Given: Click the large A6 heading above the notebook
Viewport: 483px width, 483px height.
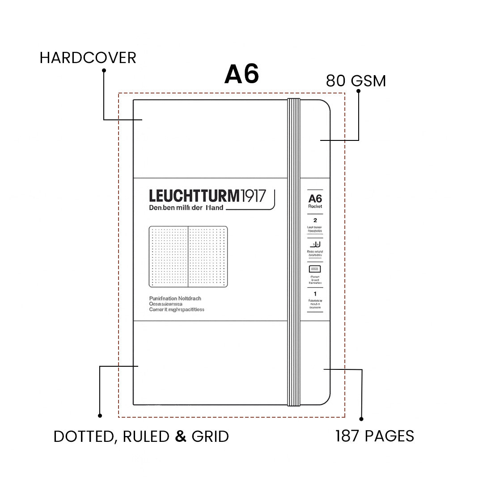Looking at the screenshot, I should point(241,74).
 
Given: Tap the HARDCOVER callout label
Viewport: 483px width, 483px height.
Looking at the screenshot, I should point(88,58).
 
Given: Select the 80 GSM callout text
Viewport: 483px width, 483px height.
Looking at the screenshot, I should point(356,81).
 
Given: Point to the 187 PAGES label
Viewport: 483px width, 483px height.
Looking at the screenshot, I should point(375,436).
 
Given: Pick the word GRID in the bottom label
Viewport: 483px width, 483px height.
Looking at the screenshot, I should point(210,436).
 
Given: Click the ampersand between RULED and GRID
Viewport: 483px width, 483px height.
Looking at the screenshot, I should point(181,436).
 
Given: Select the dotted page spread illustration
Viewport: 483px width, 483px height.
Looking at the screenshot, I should point(188,257).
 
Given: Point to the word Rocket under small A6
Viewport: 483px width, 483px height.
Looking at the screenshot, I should point(315,206).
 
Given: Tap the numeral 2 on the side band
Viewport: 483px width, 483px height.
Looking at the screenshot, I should point(315,220).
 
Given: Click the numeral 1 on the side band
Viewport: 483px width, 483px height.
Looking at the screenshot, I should point(315,293).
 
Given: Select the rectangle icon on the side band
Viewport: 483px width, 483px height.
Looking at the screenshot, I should point(315,270).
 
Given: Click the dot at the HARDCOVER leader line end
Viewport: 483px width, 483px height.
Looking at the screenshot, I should point(104,70).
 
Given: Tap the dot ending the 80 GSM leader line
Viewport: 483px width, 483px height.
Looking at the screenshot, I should point(358,91).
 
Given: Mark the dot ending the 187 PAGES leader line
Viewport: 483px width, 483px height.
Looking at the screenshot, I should point(361,419).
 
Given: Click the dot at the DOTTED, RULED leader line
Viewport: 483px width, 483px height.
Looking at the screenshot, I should point(100,415).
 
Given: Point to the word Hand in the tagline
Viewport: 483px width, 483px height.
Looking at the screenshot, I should point(214,208).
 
